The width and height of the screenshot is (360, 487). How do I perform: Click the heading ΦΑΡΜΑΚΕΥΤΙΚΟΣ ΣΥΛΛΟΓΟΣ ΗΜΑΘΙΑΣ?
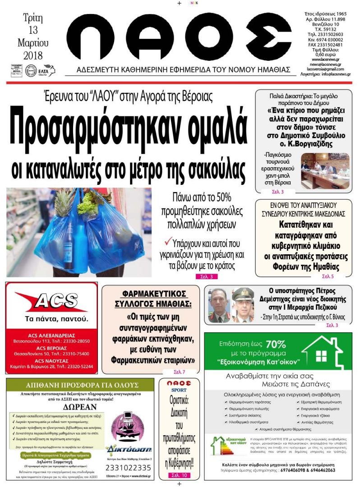click(x=151, y=297)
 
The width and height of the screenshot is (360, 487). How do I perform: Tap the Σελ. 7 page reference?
click(x=179, y=372)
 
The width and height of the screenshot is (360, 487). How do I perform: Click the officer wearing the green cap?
click(x=243, y=306)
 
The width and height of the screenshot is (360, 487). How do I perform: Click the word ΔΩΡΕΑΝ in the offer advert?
click(x=80, y=405)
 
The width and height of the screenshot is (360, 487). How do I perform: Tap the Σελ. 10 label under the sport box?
click(x=178, y=475)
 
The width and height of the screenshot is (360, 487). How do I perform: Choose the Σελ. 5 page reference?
click(x=328, y=276)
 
